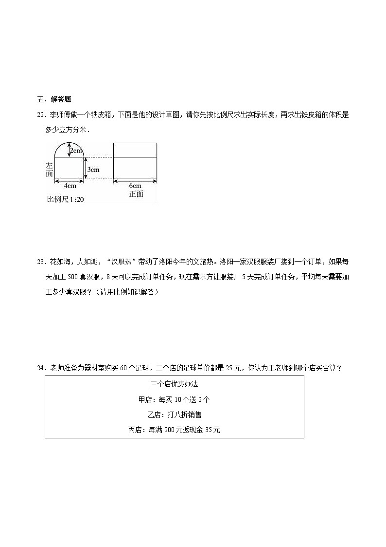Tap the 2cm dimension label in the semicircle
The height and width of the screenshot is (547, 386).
point(76,151)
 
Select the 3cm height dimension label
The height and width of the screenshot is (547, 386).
point(93,170)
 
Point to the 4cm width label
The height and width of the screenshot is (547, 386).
point(70,186)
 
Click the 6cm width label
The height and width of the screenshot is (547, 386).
point(135,186)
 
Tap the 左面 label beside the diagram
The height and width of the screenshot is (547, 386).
point(49,169)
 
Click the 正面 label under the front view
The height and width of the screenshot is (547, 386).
point(136,194)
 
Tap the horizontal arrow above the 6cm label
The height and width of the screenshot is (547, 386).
point(135,181)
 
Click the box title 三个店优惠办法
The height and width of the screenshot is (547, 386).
point(174,384)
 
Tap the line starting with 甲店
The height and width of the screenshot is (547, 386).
point(174,399)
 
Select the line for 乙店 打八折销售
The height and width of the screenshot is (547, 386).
point(174,415)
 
